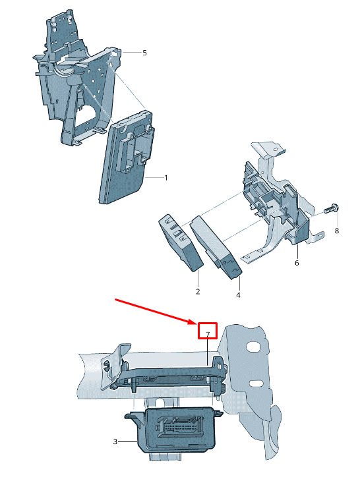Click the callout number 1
pos(166,177)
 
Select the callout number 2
pos(198,291)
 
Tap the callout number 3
pos(115,441)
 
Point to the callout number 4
pos(238,295)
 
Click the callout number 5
pos(144,53)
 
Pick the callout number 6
pos(297,263)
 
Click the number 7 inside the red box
pos(208,334)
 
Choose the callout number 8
pos(336,231)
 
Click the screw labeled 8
pos(332,210)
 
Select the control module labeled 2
pos(181,242)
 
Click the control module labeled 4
pos(216,247)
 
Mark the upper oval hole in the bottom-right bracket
pos(253,346)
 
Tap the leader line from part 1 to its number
pos(154,177)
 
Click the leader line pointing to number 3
pos(127,441)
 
